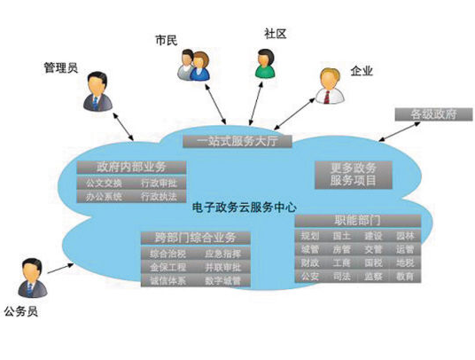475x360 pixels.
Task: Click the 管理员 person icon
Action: [x=98, y=90]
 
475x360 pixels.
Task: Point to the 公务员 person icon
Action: [x=32, y=278]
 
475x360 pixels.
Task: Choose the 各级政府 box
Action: [x=427, y=114]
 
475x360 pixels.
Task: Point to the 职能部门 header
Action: [x=358, y=219]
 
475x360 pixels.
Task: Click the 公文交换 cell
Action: [x=97, y=184]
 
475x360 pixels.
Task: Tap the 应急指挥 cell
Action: [x=222, y=254]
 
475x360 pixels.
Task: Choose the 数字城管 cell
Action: [x=222, y=280]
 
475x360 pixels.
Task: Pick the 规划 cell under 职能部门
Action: [x=309, y=236]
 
